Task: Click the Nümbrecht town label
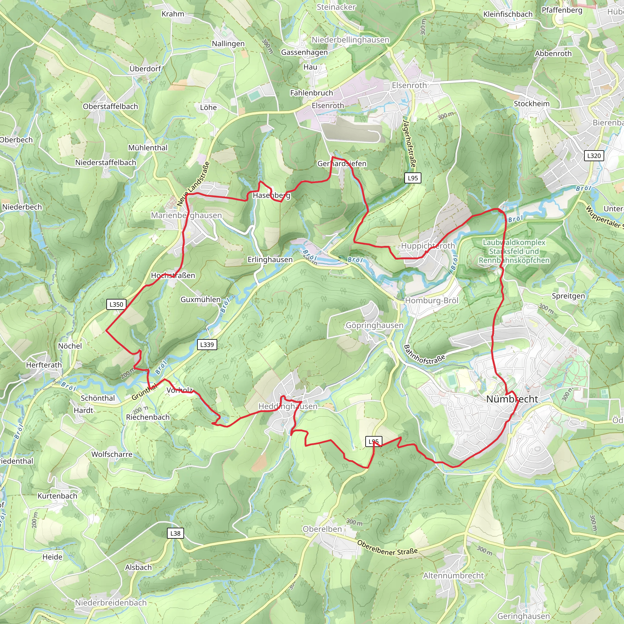click(512, 399)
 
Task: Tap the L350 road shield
click(116, 304)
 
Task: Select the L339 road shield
click(207, 345)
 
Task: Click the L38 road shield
click(175, 533)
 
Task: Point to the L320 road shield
click(594, 156)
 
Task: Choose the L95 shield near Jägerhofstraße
click(413, 178)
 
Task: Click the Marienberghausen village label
click(186, 215)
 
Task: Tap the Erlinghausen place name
click(270, 260)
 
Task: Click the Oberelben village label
click(322, 529)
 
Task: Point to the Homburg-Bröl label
click(431, 301)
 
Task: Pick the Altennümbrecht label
click(453, 576)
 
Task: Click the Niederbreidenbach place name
click(111, 603)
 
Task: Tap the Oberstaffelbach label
click(111, 107)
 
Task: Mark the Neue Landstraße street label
click(193, 184)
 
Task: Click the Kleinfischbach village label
click(508, 14)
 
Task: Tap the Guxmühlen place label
click(200, 300)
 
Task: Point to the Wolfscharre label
click(112, 454)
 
